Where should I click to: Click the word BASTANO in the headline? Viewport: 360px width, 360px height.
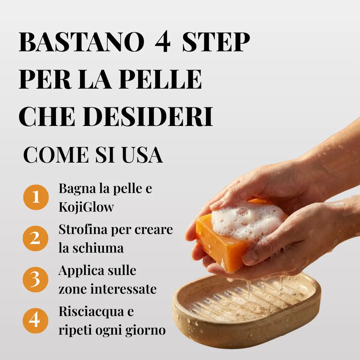click(82, 42)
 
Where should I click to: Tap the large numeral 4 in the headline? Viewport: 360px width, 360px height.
click(163, 42)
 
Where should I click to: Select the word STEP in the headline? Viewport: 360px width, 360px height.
click(216, 42)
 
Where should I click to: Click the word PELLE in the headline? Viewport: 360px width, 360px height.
click(160, 79)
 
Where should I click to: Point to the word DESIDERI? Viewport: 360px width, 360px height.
click(148, 116)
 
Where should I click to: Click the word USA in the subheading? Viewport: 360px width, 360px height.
click(142, 155)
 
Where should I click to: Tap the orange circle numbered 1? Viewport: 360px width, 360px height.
click(36, 197)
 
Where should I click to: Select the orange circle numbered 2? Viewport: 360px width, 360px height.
click(35, 238)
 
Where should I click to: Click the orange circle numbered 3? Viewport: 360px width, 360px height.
click(35, 279)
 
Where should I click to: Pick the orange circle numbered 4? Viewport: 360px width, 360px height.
click(35, 321)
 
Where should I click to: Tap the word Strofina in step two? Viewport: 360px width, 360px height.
click(83, 229)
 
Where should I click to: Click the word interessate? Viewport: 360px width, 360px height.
click(124, 289)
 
